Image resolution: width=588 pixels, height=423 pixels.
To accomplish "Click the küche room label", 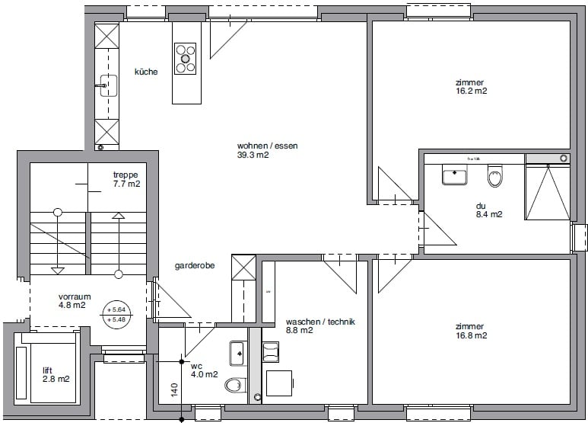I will pos(146,72).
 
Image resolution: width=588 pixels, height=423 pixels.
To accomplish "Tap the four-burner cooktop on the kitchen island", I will pos(186,59).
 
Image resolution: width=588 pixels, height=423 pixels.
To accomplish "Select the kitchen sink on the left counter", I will pos(107,85).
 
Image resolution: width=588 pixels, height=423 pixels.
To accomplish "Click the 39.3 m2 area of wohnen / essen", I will pos(253,155).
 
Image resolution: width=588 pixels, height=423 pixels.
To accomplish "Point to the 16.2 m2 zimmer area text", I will pos(471,91).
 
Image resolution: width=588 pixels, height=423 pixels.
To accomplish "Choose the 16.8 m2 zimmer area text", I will pos(471,335).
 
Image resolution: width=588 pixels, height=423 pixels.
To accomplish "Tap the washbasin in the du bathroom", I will pos(455,176).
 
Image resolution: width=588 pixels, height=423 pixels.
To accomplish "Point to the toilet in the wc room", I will pos(235,385).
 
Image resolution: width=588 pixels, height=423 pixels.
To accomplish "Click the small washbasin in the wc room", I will pos(237,353).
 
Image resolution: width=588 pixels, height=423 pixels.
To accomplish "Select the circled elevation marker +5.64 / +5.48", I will pos(117,314).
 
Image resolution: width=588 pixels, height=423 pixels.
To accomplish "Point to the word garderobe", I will pos(194,266).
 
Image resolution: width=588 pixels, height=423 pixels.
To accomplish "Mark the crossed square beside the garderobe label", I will pos(243,268).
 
